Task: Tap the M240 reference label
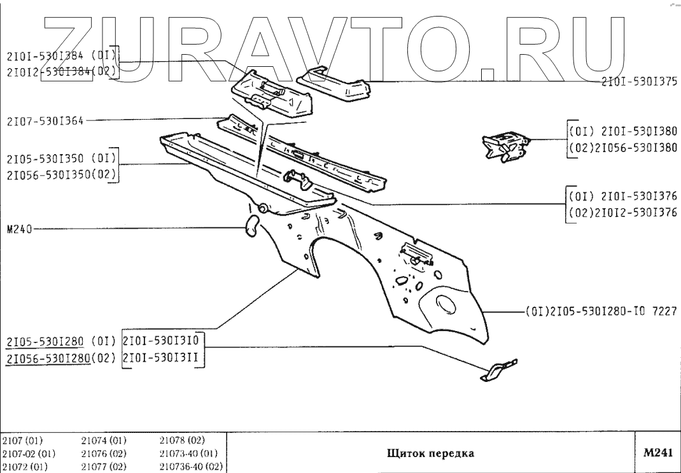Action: (18, 229)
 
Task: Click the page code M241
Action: (657, 453)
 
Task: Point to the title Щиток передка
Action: (430, 454)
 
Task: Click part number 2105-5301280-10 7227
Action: (601, 311)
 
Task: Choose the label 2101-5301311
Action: (164, 358)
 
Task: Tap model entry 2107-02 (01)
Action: (29, 454)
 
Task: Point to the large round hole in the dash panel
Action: (444, 304)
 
